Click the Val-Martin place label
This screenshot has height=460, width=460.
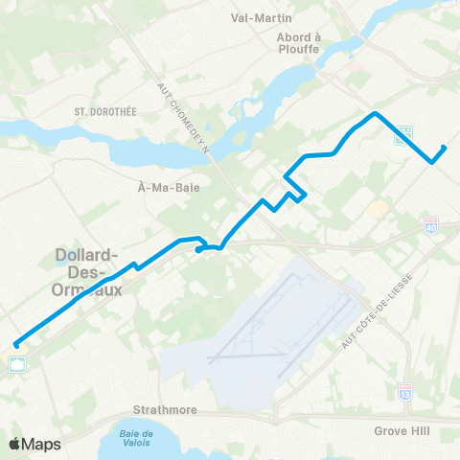click(x=262, y=17)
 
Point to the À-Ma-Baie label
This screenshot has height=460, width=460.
click(x=169, y=188)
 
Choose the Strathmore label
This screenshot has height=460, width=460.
click(x=165, y=410)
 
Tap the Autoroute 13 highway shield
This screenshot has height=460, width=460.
click(x=406, y=390)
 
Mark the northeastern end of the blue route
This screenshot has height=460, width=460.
click(x=444, y=148)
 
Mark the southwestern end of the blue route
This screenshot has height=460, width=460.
click(x=16, y=345)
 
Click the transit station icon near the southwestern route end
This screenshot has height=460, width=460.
click(x=18, y=363)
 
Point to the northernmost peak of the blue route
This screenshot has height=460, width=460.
click(x=375, y=114)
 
